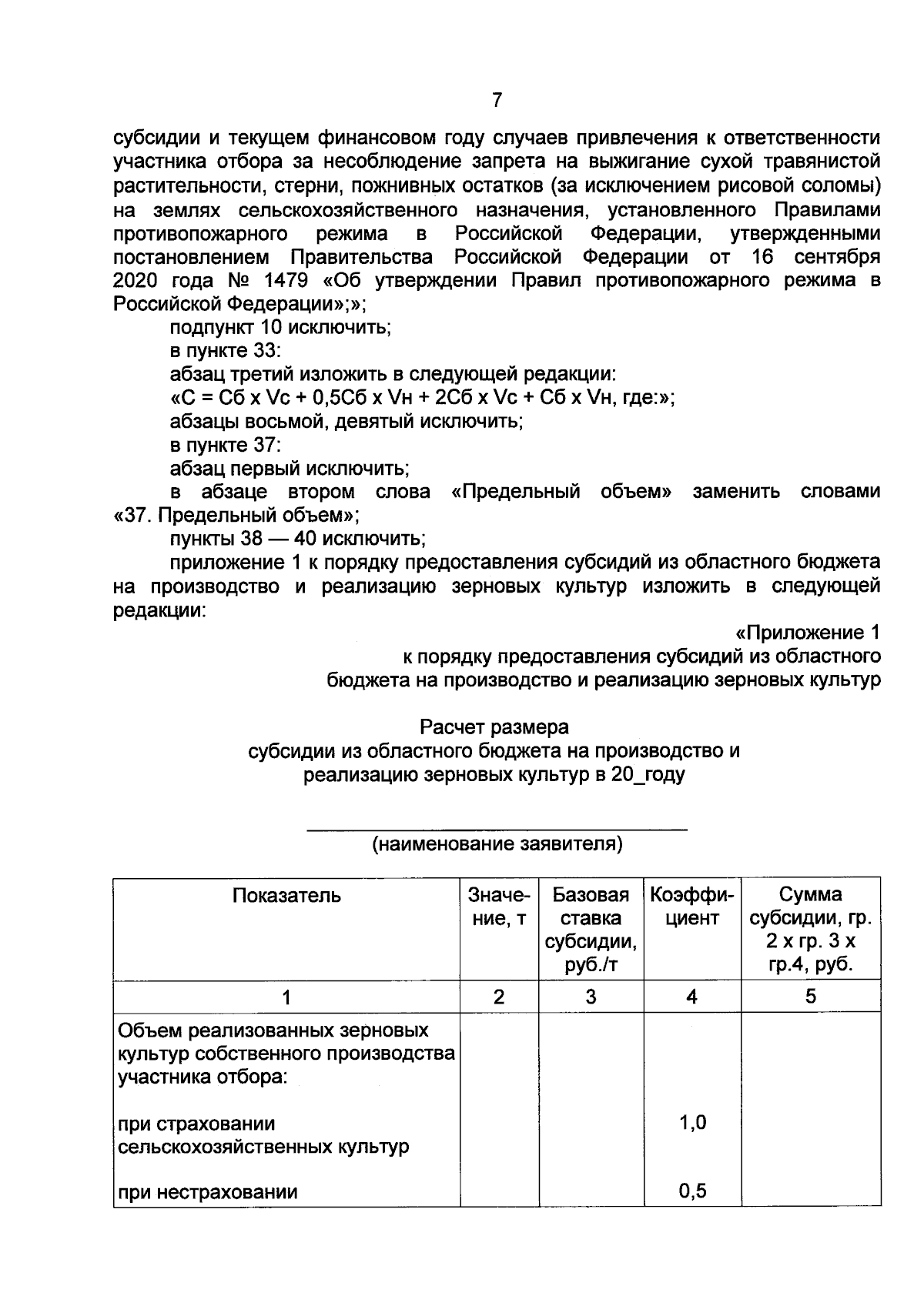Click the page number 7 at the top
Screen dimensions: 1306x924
point(497,100)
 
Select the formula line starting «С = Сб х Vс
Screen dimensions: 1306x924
point(422,398)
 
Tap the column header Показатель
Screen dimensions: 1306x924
point(286,895)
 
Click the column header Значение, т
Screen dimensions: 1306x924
point(499,907)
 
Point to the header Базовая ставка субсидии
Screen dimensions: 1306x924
point(591,930)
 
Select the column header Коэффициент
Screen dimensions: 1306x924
point(691,907)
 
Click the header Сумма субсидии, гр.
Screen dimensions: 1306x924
point(810,930)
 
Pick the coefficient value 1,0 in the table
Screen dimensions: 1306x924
point(692,1123)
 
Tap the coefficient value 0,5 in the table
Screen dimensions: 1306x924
point(692,1192)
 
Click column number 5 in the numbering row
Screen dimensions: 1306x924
point(810,997)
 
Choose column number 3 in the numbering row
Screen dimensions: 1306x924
point(591,997)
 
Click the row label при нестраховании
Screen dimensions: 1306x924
point(207,1194)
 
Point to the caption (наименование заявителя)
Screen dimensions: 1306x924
point(497,845)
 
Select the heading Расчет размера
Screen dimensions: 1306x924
point(494,727)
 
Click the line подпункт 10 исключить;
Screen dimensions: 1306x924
point(280,327)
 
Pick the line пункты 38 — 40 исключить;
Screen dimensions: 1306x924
point(297,538)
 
